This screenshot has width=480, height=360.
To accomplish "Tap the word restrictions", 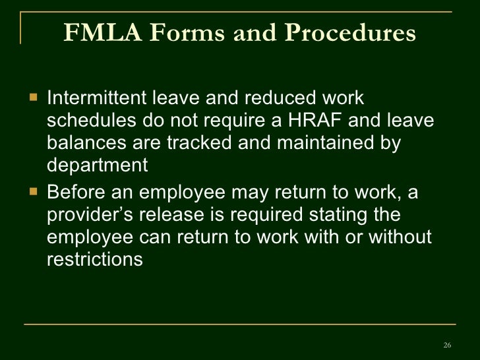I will (95, 260).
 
